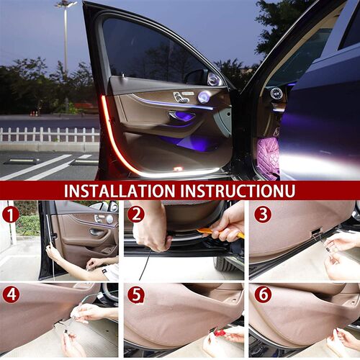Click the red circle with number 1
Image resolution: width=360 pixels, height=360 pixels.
coord(10,215)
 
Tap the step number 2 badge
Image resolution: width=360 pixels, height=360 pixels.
coord(136,214)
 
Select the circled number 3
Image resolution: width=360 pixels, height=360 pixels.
coord(261,214)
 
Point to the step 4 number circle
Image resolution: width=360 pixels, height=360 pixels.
coord(10,295)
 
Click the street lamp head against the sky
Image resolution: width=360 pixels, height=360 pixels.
coord(66,4)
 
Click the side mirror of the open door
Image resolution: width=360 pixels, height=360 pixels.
coord(195,76)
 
